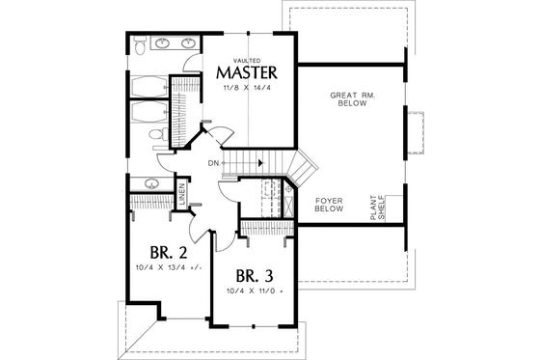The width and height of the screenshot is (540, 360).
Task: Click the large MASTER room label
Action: tap(247, 73)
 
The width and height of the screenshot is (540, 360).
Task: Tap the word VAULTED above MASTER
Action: tap(247, 59)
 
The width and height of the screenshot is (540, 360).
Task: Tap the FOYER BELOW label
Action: tap(330, 204)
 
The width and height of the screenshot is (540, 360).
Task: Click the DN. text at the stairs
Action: tap(213, 163)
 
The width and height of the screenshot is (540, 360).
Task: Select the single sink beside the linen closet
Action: tap(151, 182)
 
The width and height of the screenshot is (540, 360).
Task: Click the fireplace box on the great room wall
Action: tap(416, 132)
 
